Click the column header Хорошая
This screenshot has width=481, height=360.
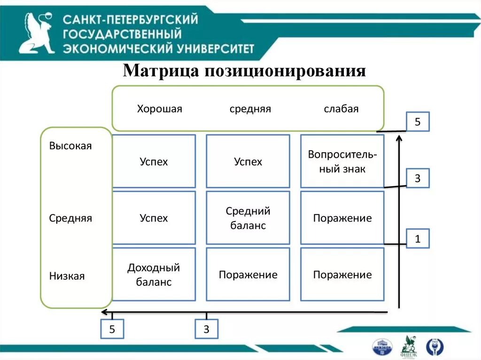point(159,109)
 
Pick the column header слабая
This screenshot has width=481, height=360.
point(341,109)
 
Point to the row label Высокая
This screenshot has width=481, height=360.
point(70,146)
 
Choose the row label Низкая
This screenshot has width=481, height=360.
point(67,276)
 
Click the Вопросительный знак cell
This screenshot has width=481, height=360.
point(342,161)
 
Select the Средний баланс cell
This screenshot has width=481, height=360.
point(248,218)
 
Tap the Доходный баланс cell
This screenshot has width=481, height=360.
point(154,275)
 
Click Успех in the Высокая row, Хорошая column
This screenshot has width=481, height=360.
point(154,162)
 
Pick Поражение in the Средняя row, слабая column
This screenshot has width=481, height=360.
point(342,218)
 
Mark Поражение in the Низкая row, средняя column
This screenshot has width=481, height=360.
point(248,275)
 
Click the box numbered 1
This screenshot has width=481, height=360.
point(417,239)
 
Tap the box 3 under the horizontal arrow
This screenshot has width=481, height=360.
point(206,329)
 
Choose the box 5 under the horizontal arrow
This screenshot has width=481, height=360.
point(112,329)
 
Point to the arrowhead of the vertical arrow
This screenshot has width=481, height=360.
point(399,137)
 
